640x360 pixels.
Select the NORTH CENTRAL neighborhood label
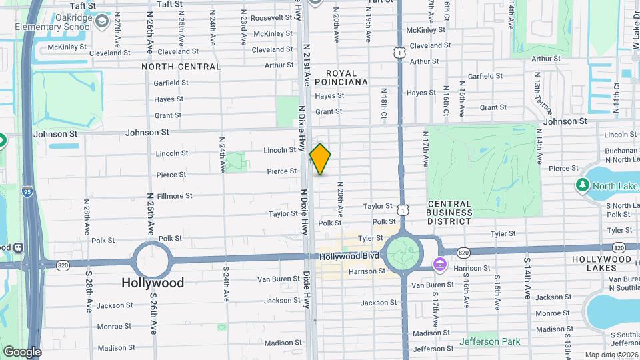coord(181,67)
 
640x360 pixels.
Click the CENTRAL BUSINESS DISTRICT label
coord(450,213)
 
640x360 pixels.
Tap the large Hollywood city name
coord(153,283)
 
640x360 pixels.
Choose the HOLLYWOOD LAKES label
coord(601,263)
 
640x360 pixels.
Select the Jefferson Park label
coord(489,342)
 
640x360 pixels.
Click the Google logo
coord(21,351)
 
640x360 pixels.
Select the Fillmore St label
coord(175,196)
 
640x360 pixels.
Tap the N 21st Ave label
coord(307,65)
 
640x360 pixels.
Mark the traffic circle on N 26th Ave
coord(151,259)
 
